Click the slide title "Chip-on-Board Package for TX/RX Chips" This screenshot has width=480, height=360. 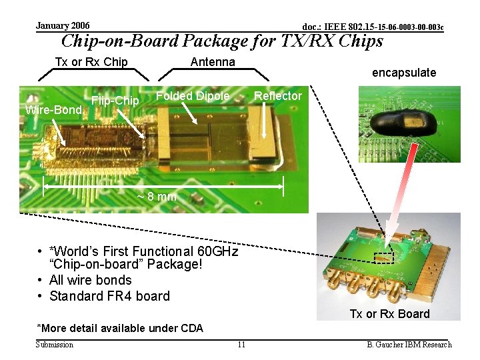[222, 41]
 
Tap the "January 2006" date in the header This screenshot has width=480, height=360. [63, 25]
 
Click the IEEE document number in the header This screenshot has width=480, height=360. [373, 27]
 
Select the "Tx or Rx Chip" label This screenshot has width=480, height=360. [91, 62]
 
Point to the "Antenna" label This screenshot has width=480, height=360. [213, 62]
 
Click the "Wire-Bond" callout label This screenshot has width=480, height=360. [53, 109]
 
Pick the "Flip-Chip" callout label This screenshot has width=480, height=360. [115, 101]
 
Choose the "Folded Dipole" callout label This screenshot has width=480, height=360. [192, 96]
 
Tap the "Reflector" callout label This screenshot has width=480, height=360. [277, 96]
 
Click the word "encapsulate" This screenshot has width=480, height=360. [404, 73]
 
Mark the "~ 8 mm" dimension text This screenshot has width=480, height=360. [157, 197]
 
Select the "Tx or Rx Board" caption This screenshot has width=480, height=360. [390, 314]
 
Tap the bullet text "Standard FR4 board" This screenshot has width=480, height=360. [109, 296]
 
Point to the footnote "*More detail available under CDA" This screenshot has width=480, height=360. [120, 328]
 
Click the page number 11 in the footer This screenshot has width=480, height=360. [241, 345]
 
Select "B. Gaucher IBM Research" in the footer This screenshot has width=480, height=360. [409, 345]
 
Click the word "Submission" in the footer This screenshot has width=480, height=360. [55, 345]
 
